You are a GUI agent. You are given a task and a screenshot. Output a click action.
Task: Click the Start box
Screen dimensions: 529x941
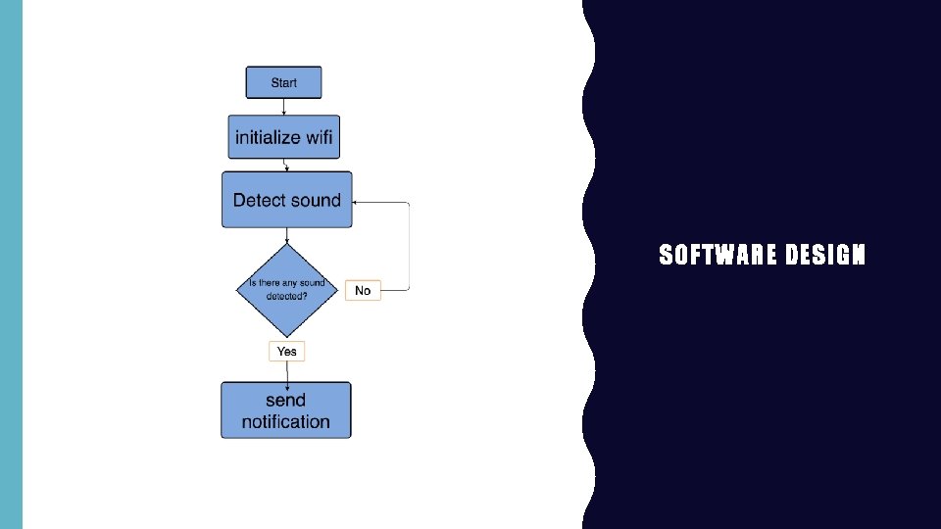click(x=283, y=82)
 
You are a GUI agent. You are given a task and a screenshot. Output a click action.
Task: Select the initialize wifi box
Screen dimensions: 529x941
click(x=283, y=137)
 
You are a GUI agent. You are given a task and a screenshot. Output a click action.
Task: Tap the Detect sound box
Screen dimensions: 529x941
click(x=286, y=200)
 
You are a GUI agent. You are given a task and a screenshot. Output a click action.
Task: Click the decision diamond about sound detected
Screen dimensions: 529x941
click(x=286, y=289)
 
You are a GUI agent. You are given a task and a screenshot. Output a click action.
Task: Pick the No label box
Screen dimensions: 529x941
click(x=363, y=290)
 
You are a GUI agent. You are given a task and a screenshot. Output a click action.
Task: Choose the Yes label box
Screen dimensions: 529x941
click(x=286, y=351)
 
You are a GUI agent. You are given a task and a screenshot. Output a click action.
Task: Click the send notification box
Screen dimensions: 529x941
click(x=285, y=410)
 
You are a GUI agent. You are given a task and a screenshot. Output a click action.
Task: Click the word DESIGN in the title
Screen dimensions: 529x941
click(x=825, y=257)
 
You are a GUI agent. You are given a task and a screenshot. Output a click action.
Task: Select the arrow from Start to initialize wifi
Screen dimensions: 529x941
click(x=283, y=107)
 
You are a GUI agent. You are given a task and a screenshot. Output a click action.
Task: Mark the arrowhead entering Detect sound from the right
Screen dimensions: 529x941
click(x=357, y=203)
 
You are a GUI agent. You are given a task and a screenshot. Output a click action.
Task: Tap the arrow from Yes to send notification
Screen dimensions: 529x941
click(x=286, y=371)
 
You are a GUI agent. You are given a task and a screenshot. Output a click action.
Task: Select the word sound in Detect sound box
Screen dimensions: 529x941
click(x=315, y=200)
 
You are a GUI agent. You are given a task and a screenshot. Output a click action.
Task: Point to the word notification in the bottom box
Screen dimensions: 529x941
click(x=285, y=422)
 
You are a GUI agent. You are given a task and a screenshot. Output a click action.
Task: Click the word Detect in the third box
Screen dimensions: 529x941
click(x=259, y=200)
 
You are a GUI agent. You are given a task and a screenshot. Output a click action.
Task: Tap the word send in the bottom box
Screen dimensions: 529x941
click(x=285, y=400)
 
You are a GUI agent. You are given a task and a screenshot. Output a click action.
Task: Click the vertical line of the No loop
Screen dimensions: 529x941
click(x=409, y=245)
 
